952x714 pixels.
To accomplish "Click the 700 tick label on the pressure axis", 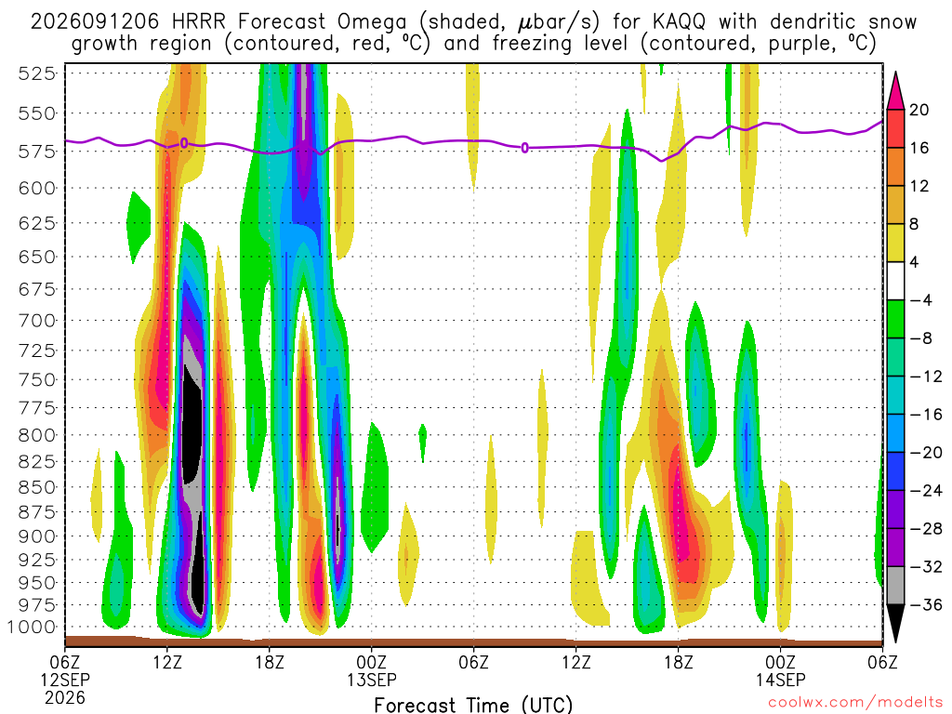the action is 36,320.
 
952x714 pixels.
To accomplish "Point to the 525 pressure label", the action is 36,73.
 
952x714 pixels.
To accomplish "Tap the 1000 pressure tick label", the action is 33,628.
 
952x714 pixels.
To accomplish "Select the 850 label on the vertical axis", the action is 36,487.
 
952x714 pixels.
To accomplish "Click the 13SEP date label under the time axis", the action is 372,680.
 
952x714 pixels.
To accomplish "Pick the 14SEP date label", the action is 781,680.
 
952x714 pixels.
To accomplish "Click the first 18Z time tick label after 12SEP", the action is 270,662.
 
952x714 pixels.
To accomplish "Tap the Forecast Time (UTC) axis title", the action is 473,705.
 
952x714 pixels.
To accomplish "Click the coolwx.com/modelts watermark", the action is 855,703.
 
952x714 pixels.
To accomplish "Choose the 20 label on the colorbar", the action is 919,110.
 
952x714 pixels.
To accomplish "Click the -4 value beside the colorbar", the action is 920,300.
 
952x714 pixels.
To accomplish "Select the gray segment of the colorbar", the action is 895,586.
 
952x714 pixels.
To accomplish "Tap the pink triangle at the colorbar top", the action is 895,91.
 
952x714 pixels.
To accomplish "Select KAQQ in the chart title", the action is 679,22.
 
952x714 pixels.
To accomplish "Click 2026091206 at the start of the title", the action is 95,22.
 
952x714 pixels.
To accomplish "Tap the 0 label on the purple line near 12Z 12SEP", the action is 184,143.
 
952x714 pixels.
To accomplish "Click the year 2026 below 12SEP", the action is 65,697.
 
